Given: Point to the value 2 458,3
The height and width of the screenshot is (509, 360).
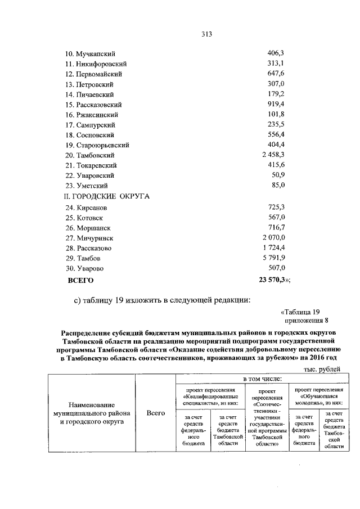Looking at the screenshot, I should [272, 155].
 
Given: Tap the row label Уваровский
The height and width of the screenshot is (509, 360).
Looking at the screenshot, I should [90, 175].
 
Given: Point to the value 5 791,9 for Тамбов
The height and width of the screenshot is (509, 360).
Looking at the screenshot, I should [273, 259].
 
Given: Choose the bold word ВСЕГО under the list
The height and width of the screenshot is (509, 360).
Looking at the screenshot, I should [80, 280].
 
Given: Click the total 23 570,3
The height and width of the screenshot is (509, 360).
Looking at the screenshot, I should [273, 280].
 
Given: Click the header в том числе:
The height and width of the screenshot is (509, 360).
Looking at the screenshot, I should [258, 380].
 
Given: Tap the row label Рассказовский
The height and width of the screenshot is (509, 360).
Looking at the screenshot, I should [93, 105].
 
